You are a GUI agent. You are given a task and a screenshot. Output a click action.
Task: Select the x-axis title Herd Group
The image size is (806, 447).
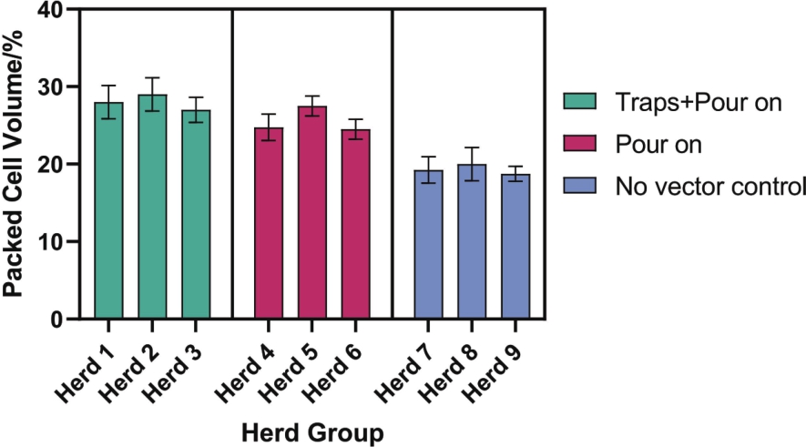coord(312,431)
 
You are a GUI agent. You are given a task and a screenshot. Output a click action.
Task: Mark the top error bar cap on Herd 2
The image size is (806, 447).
coord(152,78)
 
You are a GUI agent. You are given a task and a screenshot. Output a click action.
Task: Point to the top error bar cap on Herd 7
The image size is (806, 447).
coord(429,157)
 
